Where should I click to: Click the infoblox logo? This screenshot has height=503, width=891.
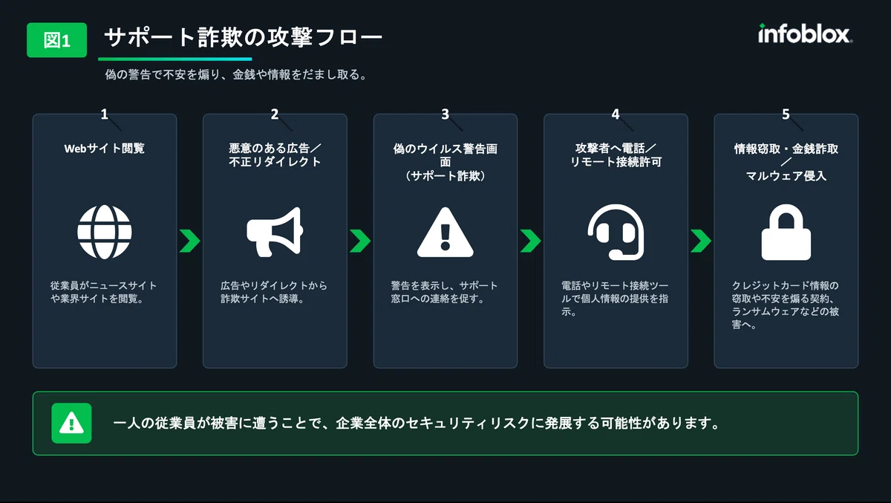click(805, 34)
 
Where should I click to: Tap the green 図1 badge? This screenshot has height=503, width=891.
click(57, 40)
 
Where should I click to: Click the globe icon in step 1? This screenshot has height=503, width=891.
click(105, 233)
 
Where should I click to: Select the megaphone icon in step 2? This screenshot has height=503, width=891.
click(275, 232)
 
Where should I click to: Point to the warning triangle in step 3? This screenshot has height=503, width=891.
click(445, 233)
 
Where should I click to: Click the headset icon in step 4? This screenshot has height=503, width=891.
click(616, 233)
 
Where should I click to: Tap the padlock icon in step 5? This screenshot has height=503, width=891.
click(786, 233)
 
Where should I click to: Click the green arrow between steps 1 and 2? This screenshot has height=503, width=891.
click(190, 241)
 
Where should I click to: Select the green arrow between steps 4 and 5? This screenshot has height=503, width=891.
click(701, 241)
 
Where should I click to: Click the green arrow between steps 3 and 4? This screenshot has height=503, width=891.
click(531, 241)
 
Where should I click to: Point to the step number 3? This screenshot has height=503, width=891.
click(445, 114)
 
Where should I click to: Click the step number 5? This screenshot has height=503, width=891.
click(786, 114)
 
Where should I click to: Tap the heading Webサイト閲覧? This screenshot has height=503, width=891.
click(104, 149)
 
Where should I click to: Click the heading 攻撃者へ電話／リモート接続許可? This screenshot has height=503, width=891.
click(616, 155)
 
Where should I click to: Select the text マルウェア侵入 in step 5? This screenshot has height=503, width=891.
click(786, 176)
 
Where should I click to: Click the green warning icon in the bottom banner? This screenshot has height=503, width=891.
click(71, 423)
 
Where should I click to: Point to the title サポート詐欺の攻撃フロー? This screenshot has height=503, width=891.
click(244, 37)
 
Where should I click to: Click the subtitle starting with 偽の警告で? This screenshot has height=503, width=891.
click(237, 74)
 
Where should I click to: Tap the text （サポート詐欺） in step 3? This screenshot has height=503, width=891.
click(445, 176)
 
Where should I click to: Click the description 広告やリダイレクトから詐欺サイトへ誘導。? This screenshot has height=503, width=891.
click(274, 292)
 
